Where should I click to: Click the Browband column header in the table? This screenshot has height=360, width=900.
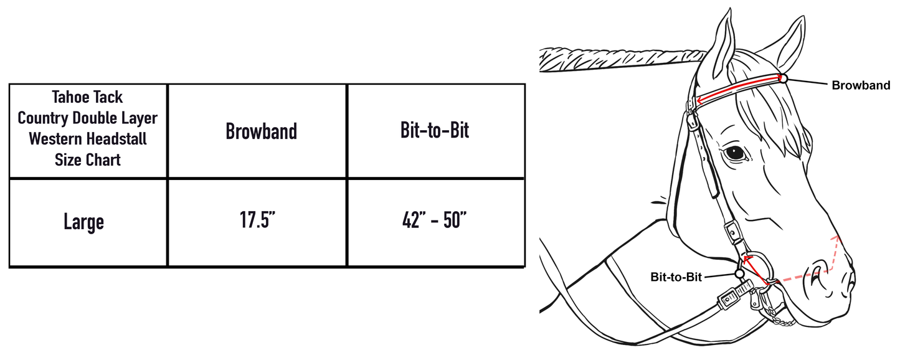(261, 131)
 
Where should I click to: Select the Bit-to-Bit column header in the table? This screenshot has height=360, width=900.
(435, 131)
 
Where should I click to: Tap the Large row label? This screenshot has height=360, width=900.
(83, 222)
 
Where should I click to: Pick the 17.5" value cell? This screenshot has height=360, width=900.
(257, 222)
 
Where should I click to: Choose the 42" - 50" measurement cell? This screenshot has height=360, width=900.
(435, 222)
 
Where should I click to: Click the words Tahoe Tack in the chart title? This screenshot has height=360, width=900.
(87, 97)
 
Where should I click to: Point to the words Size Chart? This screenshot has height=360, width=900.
(87, 159)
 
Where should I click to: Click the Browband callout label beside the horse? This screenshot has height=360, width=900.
(861, 86)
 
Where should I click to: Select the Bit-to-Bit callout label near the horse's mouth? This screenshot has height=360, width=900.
(676, 277)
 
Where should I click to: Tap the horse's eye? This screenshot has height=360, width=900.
(736, 151)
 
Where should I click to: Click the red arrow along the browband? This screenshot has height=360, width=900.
(738, 88)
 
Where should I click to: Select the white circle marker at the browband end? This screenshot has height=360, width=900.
(783, 78)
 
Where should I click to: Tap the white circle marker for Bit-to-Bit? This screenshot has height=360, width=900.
(739, 273)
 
